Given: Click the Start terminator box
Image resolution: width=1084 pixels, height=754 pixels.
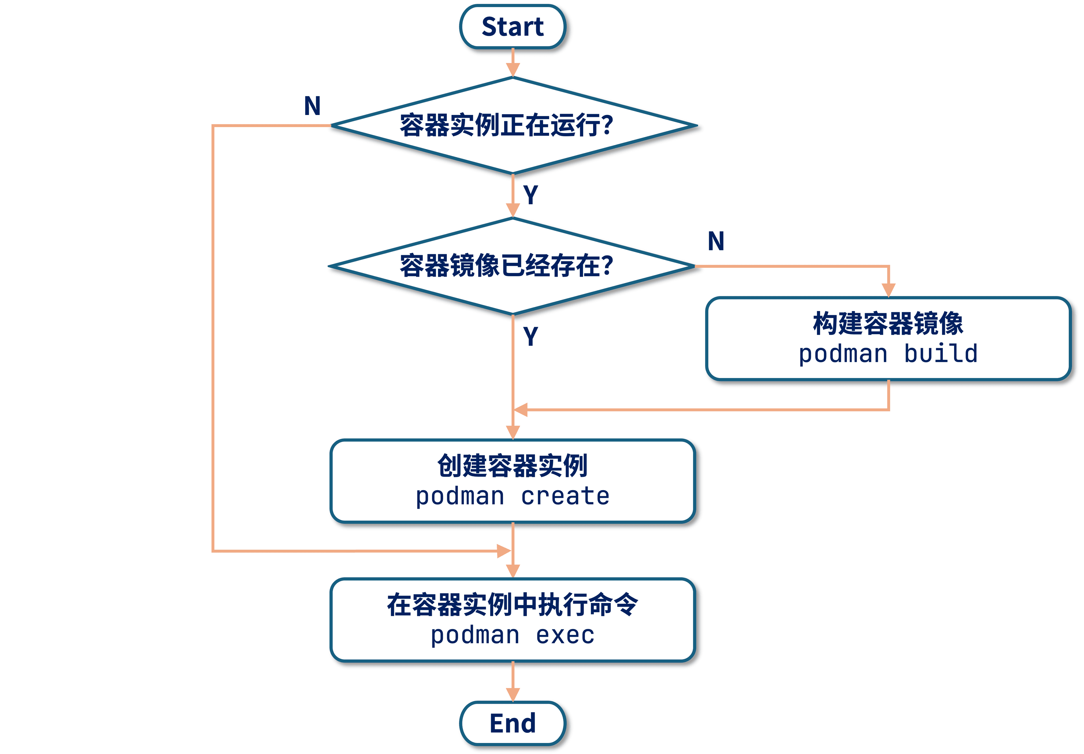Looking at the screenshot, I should (512, 27).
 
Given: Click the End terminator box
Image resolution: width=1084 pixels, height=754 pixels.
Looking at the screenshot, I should (512, 723).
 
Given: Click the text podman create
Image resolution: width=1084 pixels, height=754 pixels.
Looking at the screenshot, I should (512, 497).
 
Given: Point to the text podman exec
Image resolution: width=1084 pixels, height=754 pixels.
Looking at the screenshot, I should (512, 635).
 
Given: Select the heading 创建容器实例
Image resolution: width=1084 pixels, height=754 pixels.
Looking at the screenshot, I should (512, 466).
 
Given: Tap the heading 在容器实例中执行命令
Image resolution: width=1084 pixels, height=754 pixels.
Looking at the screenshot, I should (512, 605).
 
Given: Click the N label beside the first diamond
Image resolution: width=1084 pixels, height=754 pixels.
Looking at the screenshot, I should (312, 106).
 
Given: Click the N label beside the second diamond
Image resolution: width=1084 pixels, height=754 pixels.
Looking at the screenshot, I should (716, 242).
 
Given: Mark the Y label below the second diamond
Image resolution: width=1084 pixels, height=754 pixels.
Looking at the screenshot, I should (531, 336).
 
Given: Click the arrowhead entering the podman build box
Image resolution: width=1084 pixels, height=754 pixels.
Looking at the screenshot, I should (888, 290).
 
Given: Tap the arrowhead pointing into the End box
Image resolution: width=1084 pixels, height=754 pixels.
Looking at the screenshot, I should (513, 694).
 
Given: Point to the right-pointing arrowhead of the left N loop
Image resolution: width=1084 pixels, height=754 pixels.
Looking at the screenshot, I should (504, 551).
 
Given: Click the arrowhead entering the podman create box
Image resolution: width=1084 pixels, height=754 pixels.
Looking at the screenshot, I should (513, 432).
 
